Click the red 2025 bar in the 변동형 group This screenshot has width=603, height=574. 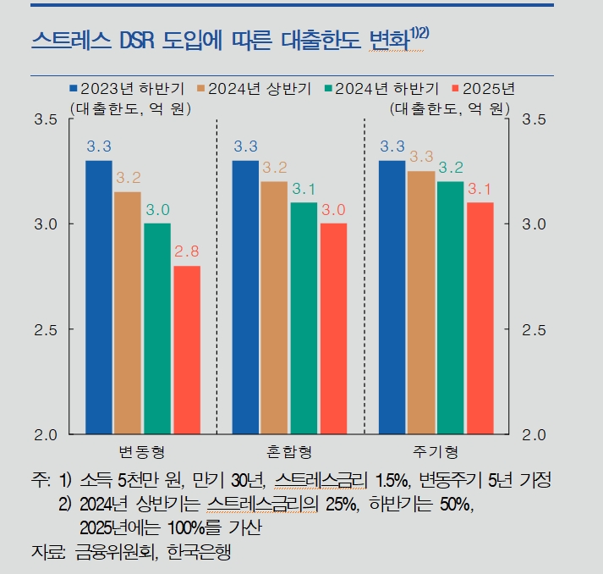[187, 350]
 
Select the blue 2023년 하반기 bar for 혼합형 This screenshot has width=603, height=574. [246, 296]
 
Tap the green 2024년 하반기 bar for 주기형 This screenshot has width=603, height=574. [451, 306]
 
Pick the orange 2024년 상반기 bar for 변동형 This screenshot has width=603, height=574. [128, 312]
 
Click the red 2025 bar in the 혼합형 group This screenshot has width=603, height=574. [333, 328]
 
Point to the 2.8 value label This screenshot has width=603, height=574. [187, 251]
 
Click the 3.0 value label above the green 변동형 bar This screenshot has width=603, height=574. [157, 209]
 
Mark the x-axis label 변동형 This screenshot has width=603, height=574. [142, 450]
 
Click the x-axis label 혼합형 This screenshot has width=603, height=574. [289, 450]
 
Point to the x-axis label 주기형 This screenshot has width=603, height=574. [436, 450]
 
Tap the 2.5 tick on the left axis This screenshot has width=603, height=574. [45, 329]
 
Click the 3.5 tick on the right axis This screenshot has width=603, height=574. [535, 120]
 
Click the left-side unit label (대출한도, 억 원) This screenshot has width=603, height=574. [129, 108]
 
